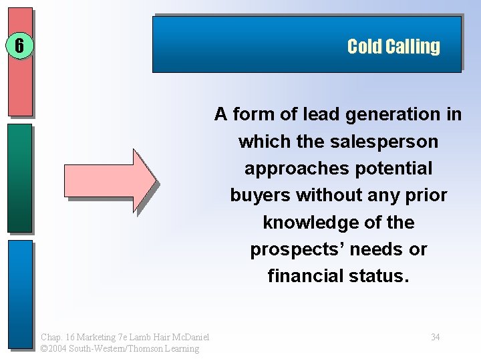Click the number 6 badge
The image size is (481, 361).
(19, 46)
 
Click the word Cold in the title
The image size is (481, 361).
(364, 47)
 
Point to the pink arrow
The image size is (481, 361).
(110, 180)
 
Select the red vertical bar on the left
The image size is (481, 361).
(20, 62)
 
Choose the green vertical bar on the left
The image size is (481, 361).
(20, 177)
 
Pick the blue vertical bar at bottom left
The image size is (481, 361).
(20, 294)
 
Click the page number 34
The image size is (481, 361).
(435, 337)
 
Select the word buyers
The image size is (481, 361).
(260, 195)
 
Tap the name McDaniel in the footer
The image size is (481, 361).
(190, 337)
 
